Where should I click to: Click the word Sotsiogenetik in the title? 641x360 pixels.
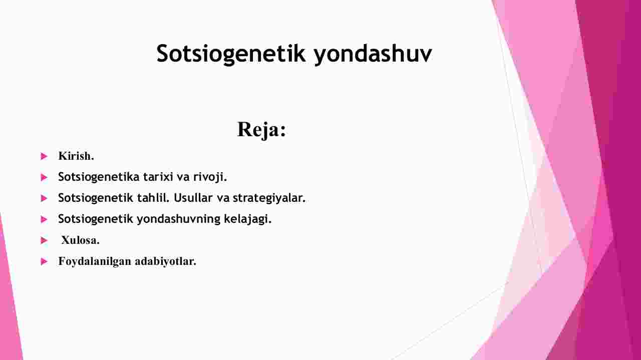click(x=231, y=54)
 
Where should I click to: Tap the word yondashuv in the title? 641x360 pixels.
click(x=373, y=54)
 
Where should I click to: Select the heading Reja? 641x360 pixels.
click(x=261, y=130)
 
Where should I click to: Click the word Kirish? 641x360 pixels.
click(x=76, y=156)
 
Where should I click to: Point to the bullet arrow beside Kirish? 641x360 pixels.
click(x=44, y=156)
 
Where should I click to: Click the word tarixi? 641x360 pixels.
click(x=158, y=177)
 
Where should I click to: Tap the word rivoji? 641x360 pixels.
click(x=210, y=177)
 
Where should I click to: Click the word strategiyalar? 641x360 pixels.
click(x=269, y=198)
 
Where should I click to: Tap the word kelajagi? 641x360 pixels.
click(x=247, y=219)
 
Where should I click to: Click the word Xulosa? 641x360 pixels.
click(x=81, y=240)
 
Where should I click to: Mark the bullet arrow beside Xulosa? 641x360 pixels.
click(x=44, y=240)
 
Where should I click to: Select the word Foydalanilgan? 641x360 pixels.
click(x=95, y=261)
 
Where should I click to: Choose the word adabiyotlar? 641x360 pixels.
click(x=165, y=261)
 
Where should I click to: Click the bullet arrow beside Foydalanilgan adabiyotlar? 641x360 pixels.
click(x=44, y=261)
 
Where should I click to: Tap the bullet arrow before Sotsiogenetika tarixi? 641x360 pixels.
click(x=44, y=177)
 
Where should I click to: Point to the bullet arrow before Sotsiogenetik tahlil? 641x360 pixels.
click(x=44, y=198)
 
